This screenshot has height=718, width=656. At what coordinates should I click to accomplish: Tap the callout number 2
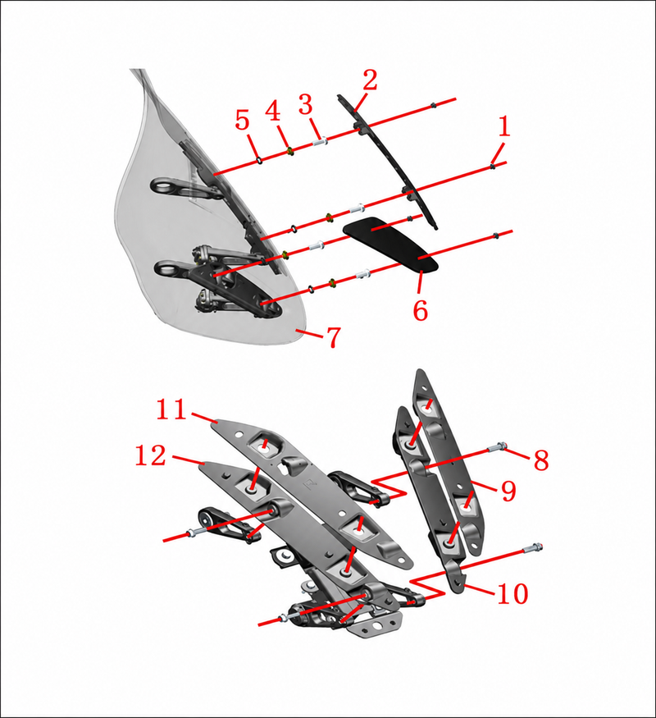pos(370,80)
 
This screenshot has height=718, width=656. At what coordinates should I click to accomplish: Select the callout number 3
pos(306,104)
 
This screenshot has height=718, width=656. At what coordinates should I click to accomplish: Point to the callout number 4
pos(273,111)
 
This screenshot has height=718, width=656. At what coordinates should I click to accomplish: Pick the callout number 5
pos(243,121)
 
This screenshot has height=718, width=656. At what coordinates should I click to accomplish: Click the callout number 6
pos(421,310)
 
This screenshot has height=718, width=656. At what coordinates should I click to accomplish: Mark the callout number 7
pos(334,337)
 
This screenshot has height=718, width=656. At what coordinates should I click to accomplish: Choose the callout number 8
pos(541,460)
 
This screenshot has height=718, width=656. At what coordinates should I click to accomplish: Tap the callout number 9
pos(508,491)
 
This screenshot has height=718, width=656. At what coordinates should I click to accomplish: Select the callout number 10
pos(512,593)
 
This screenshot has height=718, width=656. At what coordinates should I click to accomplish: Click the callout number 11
pos(171,409)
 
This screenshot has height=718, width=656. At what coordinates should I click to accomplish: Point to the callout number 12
pos(150,455)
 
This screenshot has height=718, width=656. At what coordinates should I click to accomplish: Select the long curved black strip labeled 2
pos(389,160)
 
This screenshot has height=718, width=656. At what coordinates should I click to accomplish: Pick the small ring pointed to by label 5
pos(259,160)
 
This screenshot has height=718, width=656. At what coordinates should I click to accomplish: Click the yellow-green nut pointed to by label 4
pos(289,150)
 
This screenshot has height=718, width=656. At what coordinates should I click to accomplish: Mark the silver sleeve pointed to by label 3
pos(320,141)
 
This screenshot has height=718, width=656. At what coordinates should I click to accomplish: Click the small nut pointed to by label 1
pos(492,167)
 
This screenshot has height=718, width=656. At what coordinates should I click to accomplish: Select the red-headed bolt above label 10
pos(532,547)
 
